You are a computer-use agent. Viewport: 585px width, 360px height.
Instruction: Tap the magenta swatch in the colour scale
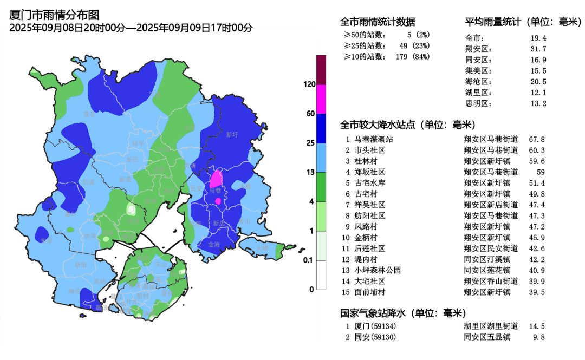(321, 99)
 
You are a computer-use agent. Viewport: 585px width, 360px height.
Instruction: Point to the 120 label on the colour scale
(310, 84)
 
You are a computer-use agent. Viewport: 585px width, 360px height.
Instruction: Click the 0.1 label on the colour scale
(309, 260)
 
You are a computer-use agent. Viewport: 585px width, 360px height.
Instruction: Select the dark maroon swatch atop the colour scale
(321, 70)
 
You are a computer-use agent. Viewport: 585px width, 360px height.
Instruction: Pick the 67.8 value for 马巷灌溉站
(536, 139)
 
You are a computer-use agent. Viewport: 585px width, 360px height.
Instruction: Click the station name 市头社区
(369, 150)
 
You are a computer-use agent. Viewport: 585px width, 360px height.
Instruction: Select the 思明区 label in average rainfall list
(478, 103)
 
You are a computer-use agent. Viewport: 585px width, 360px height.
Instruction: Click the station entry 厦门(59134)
(375, 326)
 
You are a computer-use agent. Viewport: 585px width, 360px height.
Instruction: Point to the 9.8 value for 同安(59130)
(538, 337)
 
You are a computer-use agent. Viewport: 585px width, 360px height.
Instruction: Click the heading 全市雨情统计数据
(378, 22)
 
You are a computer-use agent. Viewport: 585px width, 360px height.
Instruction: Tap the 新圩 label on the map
(232, 134)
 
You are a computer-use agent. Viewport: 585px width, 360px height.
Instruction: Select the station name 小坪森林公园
(378, 270)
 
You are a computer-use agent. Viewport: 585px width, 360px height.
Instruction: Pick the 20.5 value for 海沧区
(538, 82)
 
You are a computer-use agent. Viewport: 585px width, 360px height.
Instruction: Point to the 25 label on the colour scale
(310, 143)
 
